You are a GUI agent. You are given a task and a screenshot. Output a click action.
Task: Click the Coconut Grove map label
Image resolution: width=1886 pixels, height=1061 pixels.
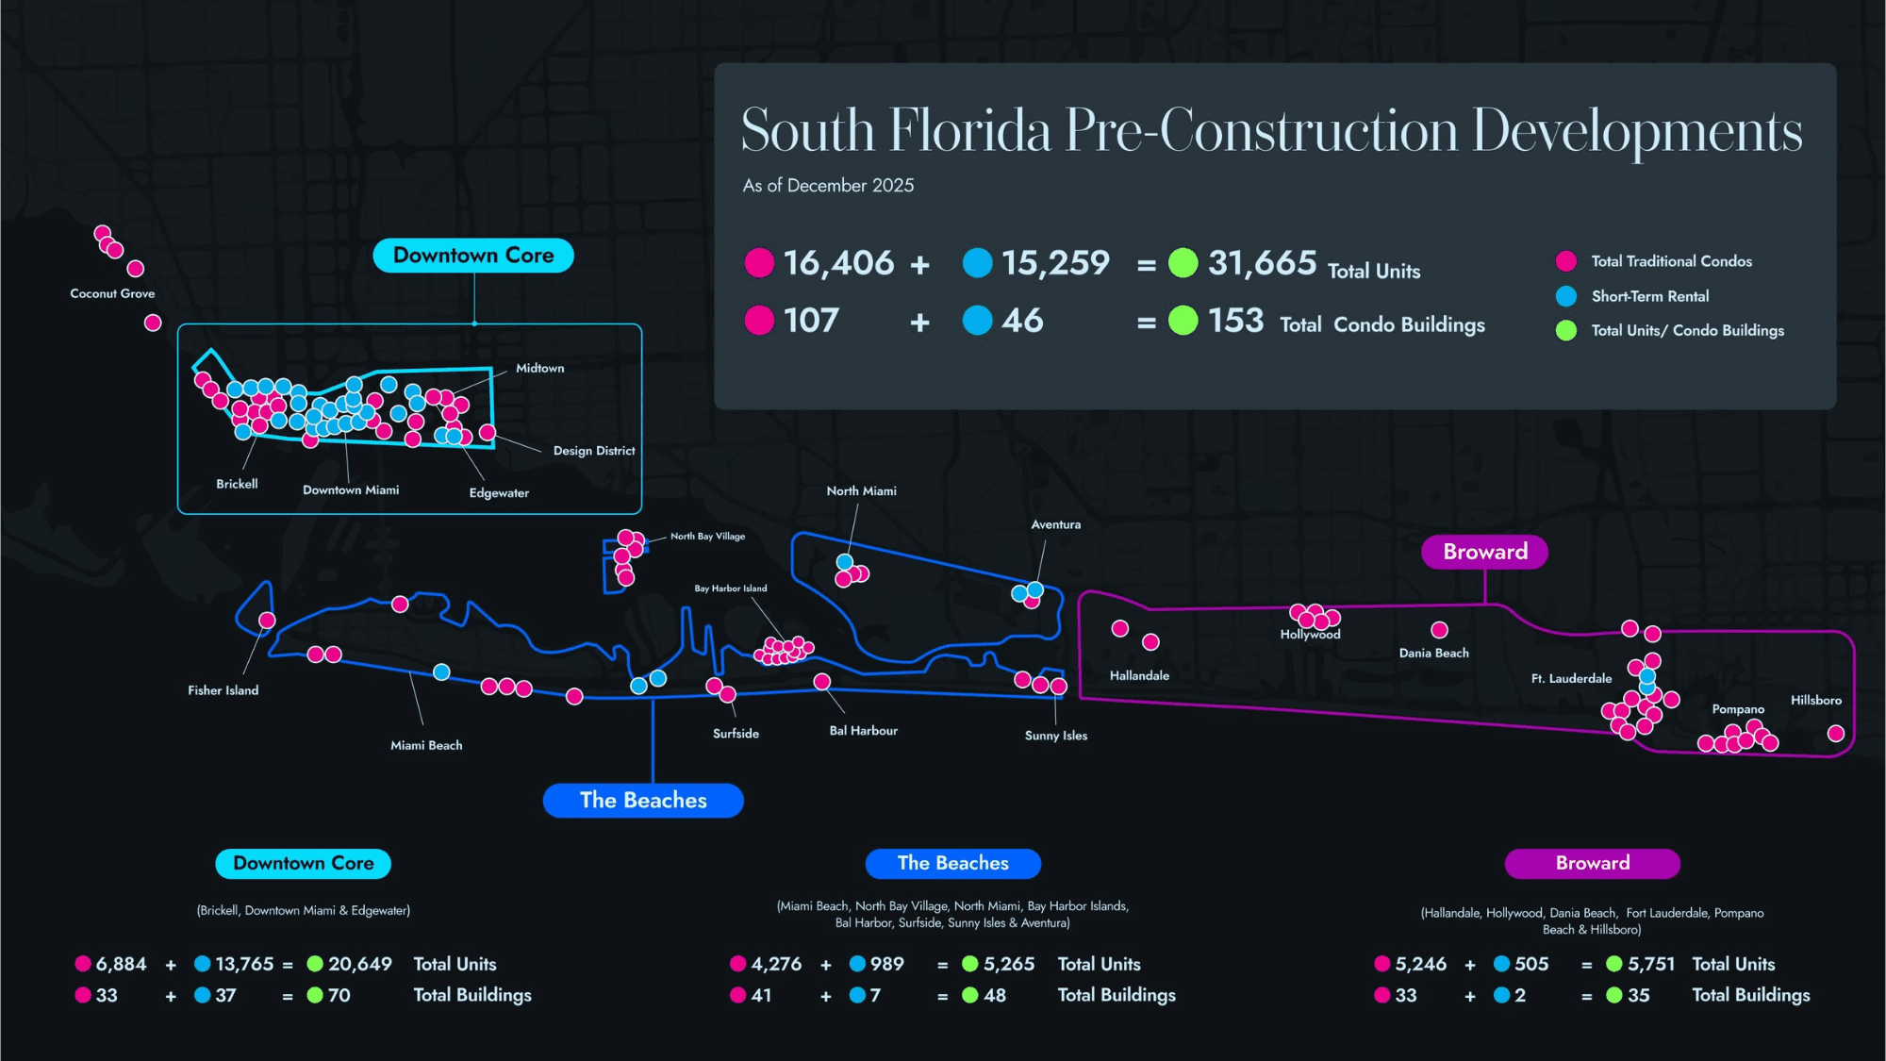click(112, 294)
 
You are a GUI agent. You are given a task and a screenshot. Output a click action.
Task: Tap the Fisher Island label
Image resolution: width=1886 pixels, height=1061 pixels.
click(223, 690)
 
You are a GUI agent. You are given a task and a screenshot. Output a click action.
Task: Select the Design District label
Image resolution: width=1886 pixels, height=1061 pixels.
click(594, 451)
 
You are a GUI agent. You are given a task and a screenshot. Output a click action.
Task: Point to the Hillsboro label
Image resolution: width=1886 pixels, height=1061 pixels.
click(1815, 700)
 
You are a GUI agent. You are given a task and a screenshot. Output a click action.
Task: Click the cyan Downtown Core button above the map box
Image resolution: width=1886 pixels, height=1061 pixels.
click(473, 256)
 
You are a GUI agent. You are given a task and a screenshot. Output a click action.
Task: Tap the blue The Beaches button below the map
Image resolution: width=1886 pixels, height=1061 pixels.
click(643, 800)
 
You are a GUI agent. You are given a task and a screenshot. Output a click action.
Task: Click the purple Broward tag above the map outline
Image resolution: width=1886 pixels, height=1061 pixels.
click(1484, 552)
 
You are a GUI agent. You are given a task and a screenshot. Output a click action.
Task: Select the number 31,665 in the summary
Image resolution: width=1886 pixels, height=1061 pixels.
click(1262, 263)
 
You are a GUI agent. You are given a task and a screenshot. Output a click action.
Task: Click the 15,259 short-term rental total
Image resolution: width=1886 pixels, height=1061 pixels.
click(1055, 263)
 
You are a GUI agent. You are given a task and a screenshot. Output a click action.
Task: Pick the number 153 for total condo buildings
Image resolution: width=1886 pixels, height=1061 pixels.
click(1235, 321)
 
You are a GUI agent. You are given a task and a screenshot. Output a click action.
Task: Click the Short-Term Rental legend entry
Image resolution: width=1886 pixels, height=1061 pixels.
click(1649, 296)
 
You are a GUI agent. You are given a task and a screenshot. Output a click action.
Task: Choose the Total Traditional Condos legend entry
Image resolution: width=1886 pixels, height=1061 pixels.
click(1671, 261)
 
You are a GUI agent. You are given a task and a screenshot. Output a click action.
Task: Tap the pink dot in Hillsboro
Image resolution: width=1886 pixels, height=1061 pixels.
click(1835, 733)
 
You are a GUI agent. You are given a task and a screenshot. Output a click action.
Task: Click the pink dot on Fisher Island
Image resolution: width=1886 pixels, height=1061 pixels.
click(267, 620)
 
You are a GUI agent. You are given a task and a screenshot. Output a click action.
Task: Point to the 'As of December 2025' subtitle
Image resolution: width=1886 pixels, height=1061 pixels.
click(828, 186)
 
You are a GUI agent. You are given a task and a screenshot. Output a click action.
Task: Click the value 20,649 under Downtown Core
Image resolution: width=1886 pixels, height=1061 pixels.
click(359, 964)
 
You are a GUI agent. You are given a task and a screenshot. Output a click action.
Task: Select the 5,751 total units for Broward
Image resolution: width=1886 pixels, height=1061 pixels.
click(1650, 964)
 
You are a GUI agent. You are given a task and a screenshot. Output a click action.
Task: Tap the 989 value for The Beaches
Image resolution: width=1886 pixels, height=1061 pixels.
click(886, 964)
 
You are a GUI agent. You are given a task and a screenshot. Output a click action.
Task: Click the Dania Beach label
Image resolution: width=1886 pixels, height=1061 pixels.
click(1433, 653)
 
